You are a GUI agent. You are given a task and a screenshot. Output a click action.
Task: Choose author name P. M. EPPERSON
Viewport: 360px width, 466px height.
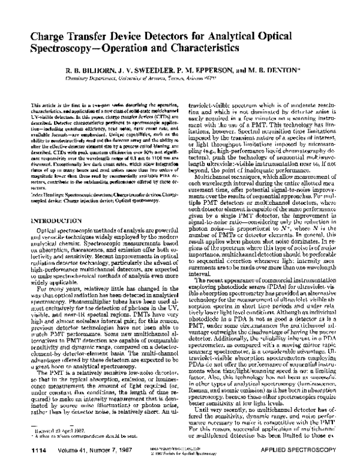(x=206, y=70)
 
